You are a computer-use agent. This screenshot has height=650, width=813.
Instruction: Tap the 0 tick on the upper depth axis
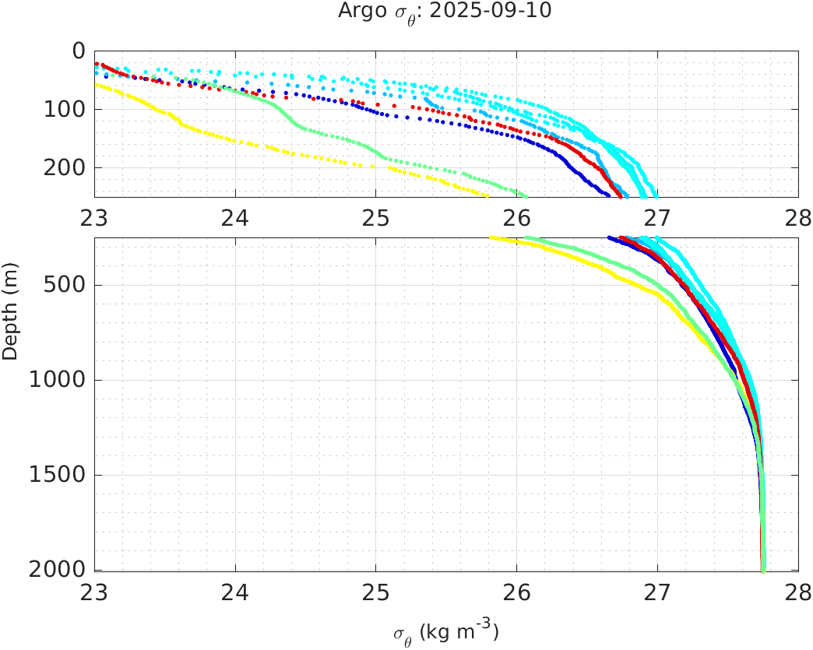point(79,51)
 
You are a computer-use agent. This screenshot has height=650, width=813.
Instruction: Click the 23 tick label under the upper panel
point(95,219)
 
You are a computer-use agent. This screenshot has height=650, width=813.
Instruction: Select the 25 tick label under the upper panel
point(376,219)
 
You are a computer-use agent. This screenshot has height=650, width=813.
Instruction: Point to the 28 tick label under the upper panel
point(797,219)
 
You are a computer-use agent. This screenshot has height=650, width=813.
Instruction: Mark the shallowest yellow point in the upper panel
point(97,85)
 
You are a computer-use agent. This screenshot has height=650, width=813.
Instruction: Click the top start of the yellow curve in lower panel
point(491,238)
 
